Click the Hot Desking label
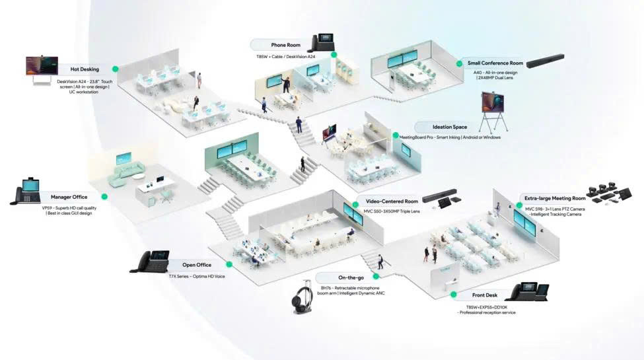click(84, 69)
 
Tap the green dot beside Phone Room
click(334, 55)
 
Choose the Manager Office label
click(69, 197)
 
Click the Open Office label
click(197, 265)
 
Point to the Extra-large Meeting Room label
click(555, 198)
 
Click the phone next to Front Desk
click(530, 291)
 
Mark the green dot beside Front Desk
click(454, 295)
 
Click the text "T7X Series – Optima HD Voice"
click(197, 276)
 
